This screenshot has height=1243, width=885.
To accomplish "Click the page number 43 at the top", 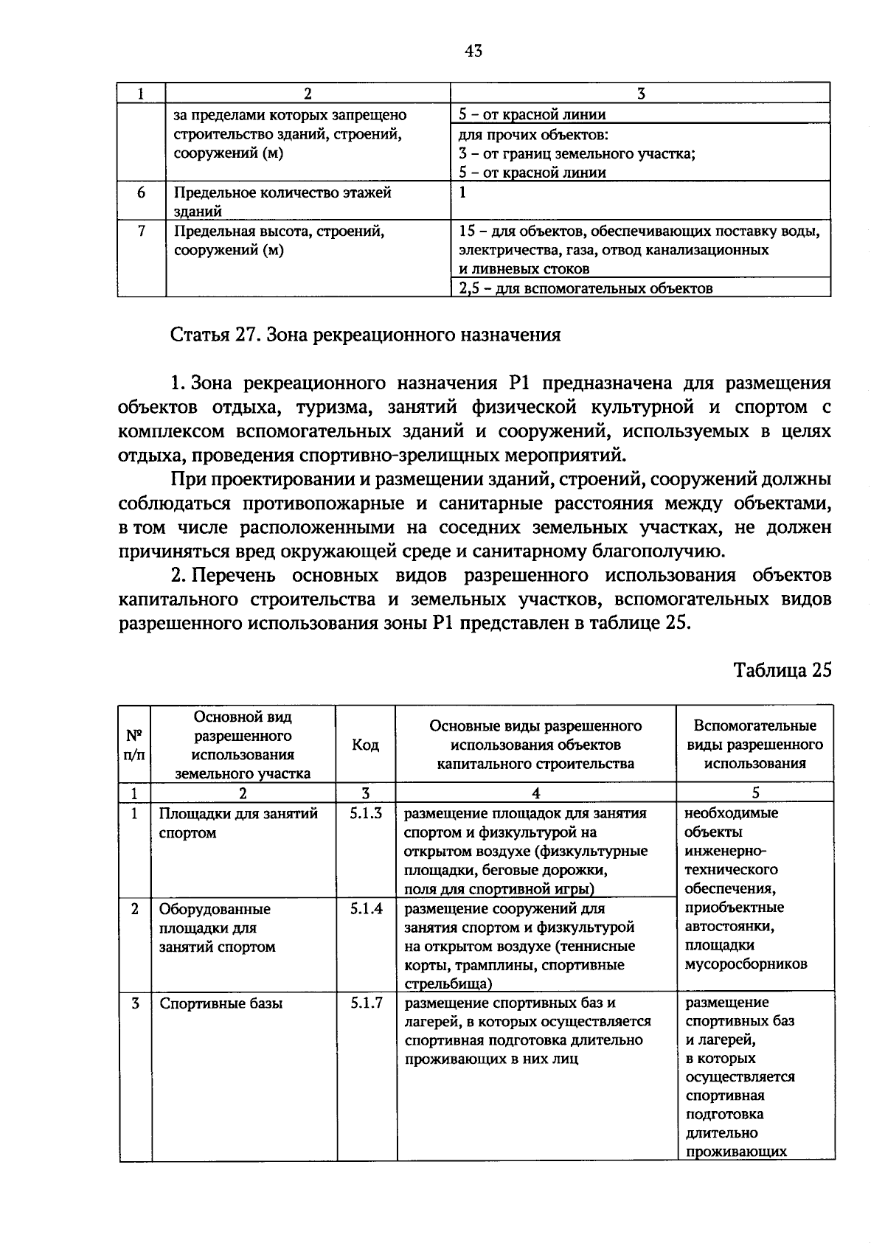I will (x=473, y=51).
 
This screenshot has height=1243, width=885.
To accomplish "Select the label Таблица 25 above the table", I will (x=782, y=669).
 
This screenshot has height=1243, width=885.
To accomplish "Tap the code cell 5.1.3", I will (x=367, y=814).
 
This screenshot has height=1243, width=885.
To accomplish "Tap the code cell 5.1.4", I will (x=367, y=909).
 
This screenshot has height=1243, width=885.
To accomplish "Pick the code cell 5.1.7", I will (x=367, y=1003).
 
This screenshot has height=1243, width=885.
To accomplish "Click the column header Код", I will (x=366, y=745).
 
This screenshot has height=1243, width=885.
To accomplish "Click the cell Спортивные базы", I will (x=221, y=1004).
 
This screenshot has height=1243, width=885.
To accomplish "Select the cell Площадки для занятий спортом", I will (x=238, y=824).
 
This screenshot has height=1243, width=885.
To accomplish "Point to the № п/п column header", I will (x=134, y=745).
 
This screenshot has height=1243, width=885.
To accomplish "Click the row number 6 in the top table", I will (x=141, y=193).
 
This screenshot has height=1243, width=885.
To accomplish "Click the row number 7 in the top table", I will (x=141, y=231).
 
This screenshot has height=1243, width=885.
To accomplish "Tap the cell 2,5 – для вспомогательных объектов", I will (x=586, y=288).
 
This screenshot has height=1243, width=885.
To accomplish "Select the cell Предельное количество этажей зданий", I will (x=282, y=202).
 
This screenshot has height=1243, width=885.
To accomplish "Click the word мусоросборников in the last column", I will (x=746, y=964).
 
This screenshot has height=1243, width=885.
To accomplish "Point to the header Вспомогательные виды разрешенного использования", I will (x=754, y=745).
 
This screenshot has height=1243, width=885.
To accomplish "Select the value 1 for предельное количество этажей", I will (x=462, y=193).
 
